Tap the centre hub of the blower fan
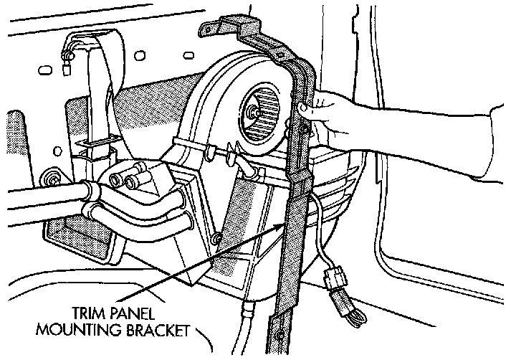pyautogui.click(x=253, y=111)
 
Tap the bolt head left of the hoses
pyautogui.click(x=51, y=176)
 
